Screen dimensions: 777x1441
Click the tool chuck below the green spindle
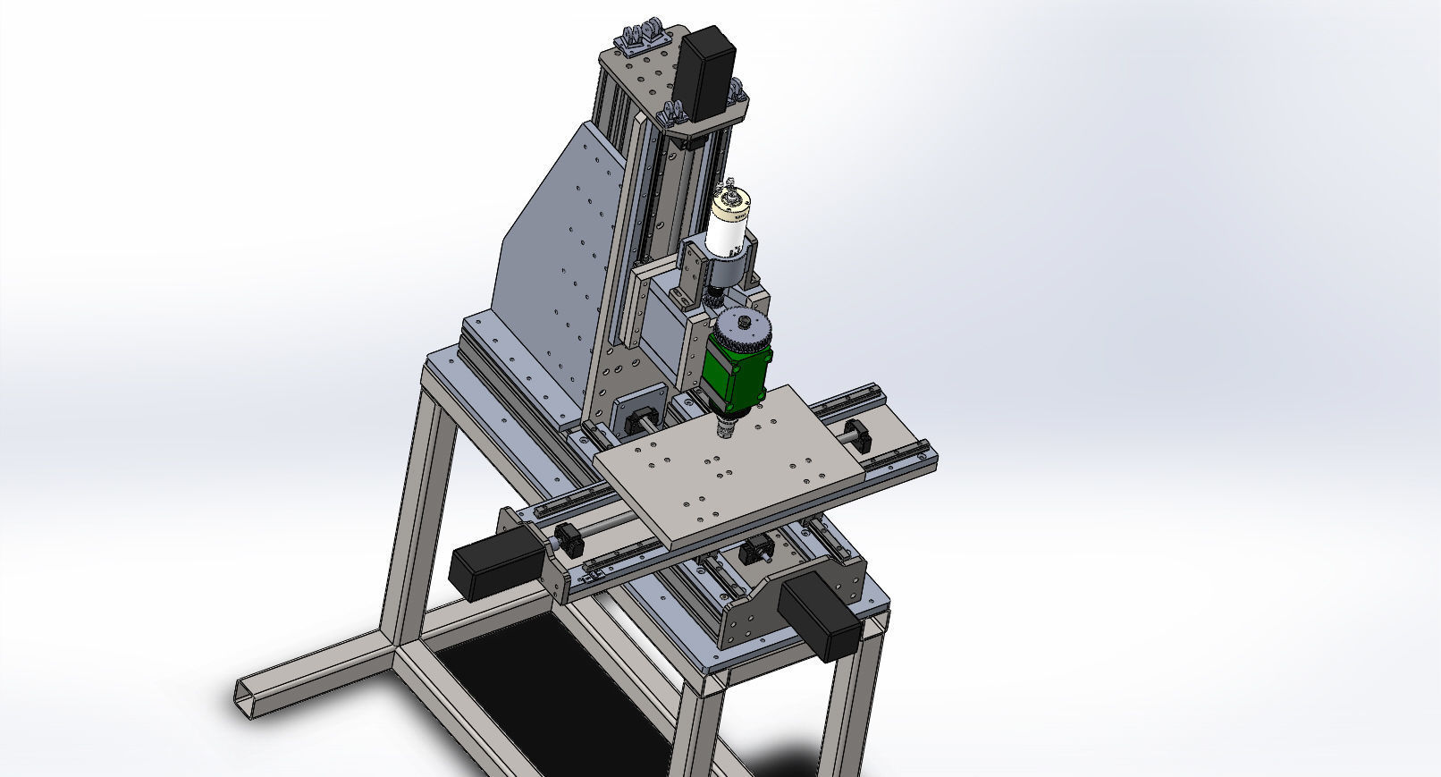tap(726, 430)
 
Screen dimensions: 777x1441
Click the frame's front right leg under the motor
tap(850, 706)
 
